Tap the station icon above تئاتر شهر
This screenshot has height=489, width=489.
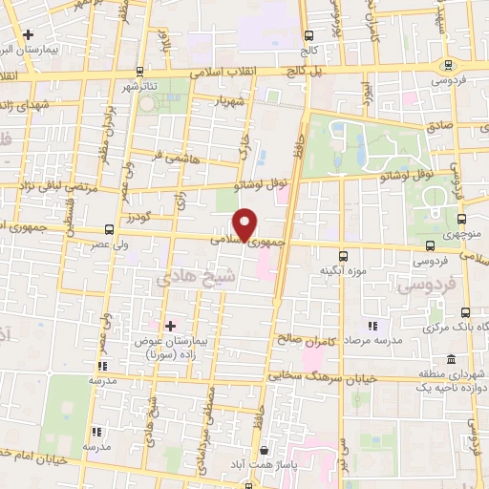140,71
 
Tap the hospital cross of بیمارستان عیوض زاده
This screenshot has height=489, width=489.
170,326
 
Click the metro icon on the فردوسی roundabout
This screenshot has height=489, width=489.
448,65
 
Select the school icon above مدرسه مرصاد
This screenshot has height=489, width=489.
372,327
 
